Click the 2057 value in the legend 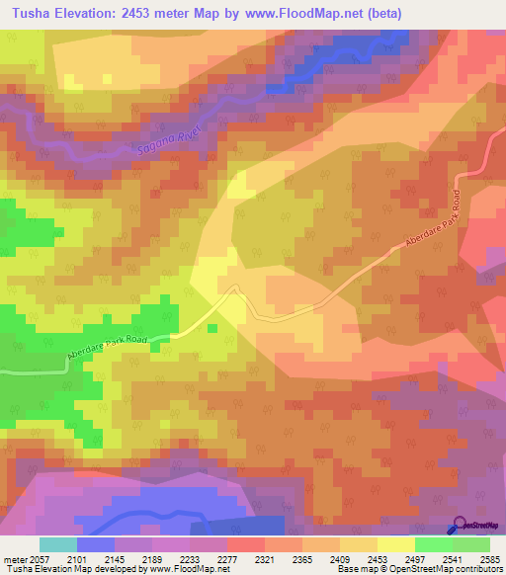pyautogui.click(x=40, y=558)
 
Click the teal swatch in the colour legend pyautogui.click(x=58, y=544)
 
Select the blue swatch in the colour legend pyautogui.click(x=96, y=544)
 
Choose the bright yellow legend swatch pyautogui.click(x=396, y=544)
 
